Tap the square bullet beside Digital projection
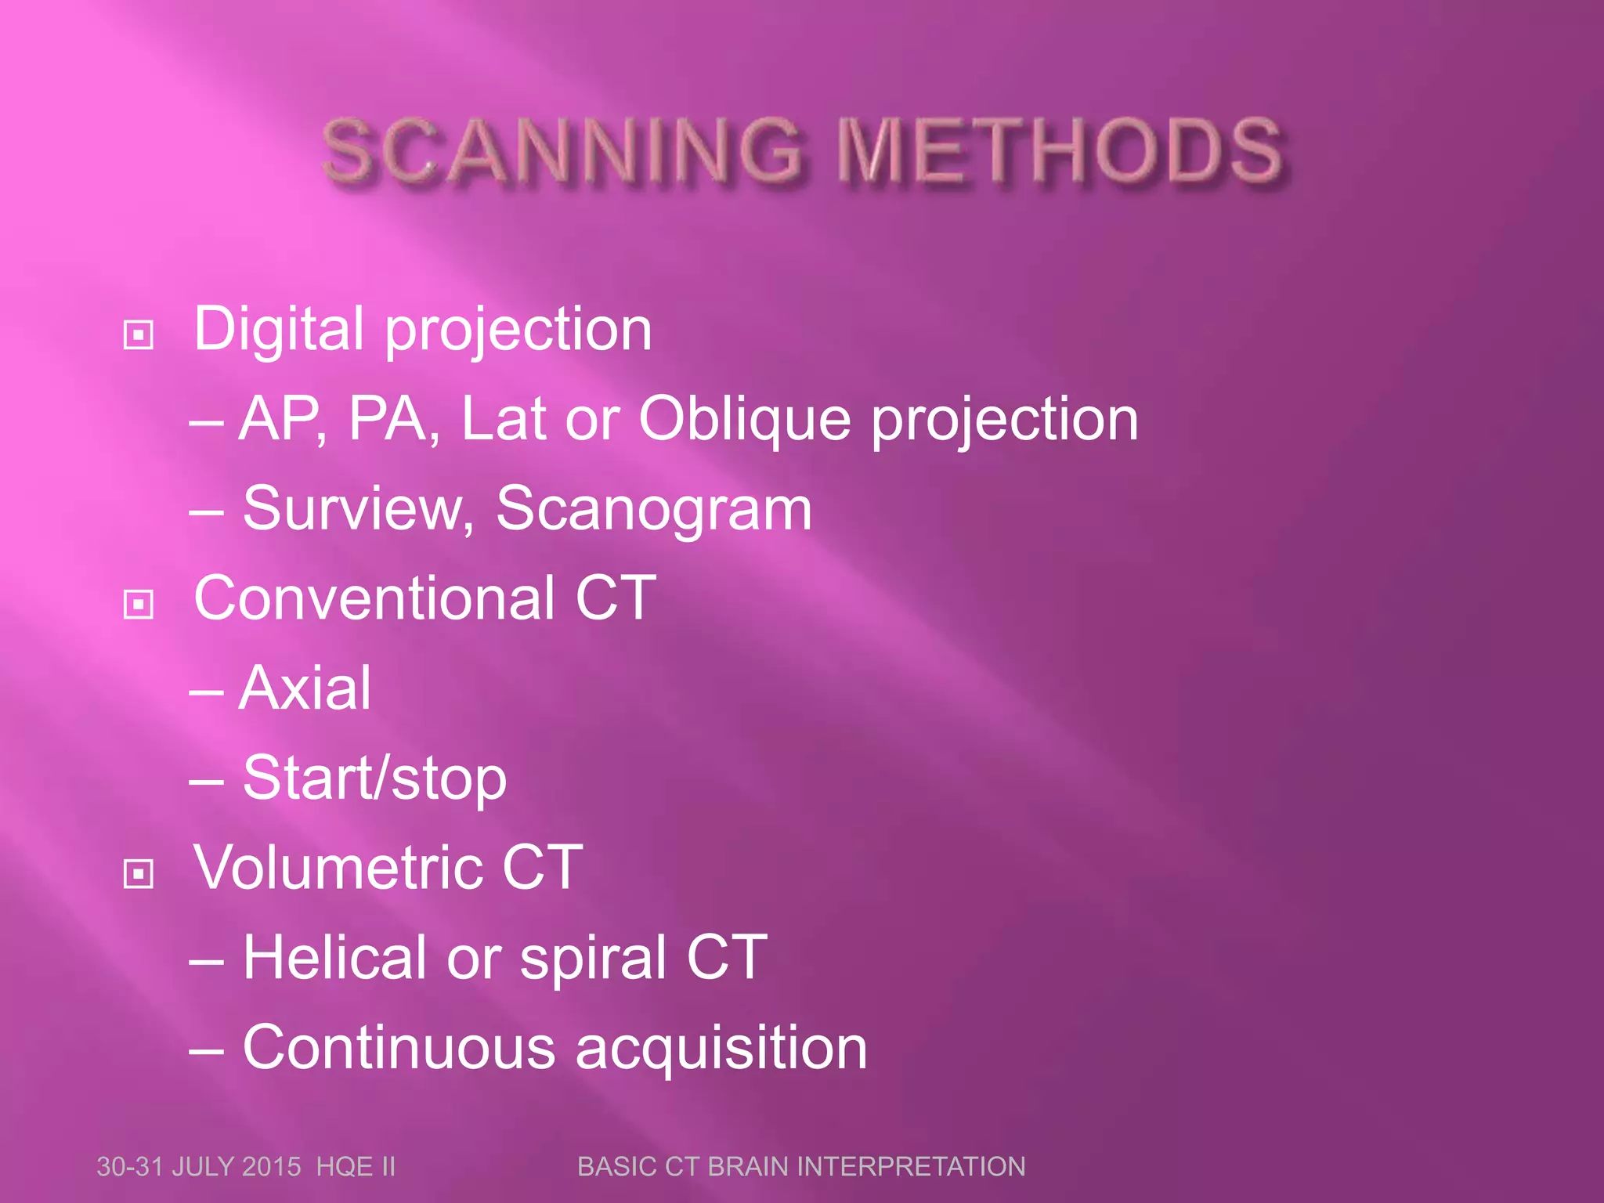(x=139, y=335)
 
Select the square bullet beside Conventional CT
(x=139, y=604)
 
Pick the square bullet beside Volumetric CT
(x=139, y=873)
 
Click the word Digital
(x=279, y=329)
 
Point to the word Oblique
(x=744, y=419)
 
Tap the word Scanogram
(x=654, y=509)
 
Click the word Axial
(x=305, y=688)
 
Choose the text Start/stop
(x=374, y=779)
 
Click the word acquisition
(x=721, y=1047)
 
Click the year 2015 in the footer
(x=271, y=1167)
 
